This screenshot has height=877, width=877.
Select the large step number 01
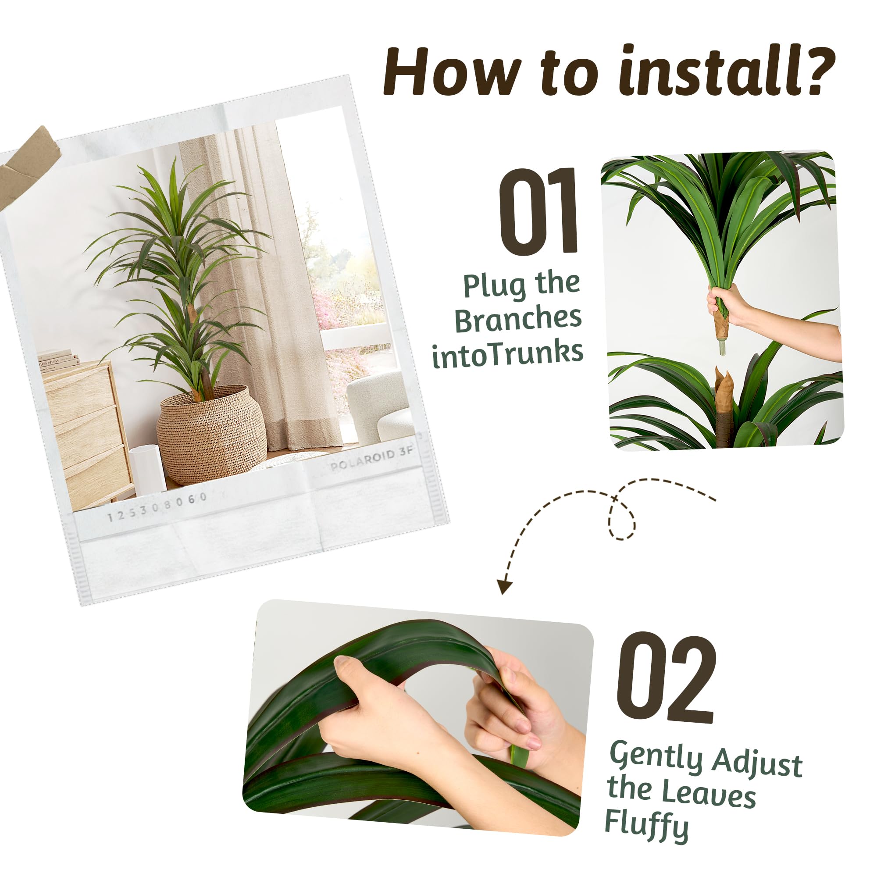pos(539,211)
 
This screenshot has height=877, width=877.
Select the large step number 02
pos(666,678)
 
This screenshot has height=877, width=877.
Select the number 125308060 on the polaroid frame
pos(157,507)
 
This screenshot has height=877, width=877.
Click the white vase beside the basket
pos(148,470)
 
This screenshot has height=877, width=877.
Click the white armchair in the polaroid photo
pos(380,407)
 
